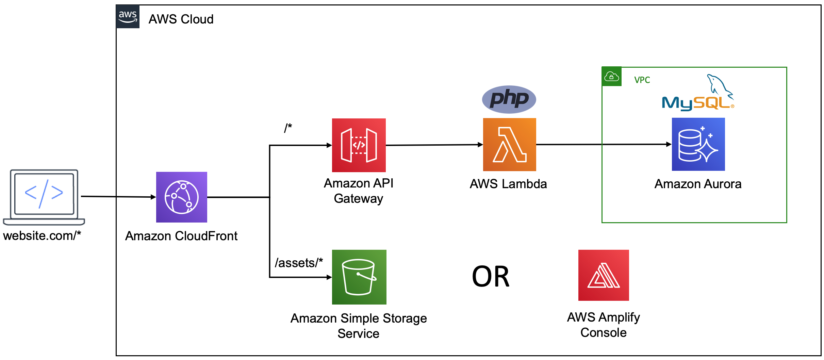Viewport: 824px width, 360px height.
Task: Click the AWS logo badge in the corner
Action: click(128, 17)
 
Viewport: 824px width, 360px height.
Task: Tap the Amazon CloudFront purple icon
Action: click(181, 197)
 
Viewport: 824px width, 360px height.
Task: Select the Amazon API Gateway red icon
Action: click(359, 145)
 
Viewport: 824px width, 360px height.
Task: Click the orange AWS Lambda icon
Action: click(509, 145)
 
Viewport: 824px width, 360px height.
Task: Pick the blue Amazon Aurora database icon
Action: click(698, 144)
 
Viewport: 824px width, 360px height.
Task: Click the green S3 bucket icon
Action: click(359, 277)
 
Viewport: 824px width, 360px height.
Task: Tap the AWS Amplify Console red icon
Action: click(603, 275)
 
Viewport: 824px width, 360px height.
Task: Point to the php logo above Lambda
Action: click(509, 99)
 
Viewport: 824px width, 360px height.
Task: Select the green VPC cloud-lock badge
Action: click(611, 77)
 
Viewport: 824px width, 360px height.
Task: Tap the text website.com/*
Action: click(42, 235)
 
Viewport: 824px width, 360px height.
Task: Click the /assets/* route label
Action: click(299, 263)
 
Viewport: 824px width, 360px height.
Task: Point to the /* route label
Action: click(288, 128)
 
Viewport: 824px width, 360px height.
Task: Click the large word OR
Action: click(491, 277)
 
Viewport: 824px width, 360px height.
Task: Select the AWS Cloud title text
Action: click(181, 19)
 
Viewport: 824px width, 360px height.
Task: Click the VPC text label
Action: click(642, 80)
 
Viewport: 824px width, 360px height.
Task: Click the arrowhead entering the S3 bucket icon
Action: click(329, 277)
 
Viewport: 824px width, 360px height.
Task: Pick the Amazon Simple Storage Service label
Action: click(359, 326)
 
